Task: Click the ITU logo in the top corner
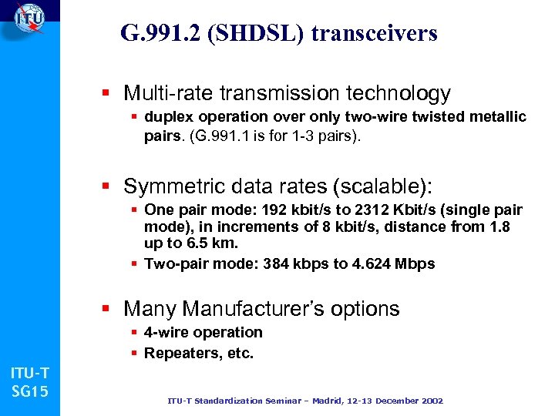pyautogui.click(x=29, y=17)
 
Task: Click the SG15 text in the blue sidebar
pyautogui.click(x=30, y=391)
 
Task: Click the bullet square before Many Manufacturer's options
pyautogui.click(x=111, y=310)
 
